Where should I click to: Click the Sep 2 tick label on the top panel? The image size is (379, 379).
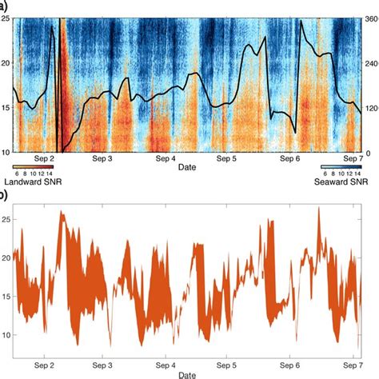(x=47, y=159)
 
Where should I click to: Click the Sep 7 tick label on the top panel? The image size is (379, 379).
(x=353, y=159)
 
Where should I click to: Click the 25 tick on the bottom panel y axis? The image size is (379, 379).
(x=7, y=218)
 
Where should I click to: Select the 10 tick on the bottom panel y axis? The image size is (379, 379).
(x=7, y=335)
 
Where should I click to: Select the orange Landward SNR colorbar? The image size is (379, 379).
(x=34, y=166)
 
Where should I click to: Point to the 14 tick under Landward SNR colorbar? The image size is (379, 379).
(x=51, y=174)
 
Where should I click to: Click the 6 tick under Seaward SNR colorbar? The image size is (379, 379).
(x=324, y=174)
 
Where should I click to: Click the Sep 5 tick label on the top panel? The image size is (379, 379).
(x=229, y=159)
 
